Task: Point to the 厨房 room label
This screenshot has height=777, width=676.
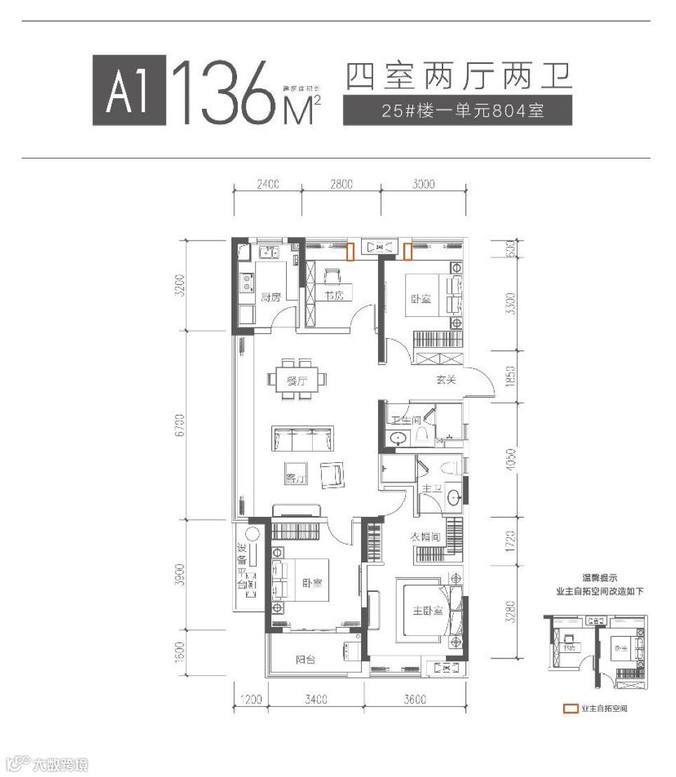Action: click(x=271, y=297)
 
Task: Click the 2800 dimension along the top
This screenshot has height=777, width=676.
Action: click(x=340, y=185)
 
